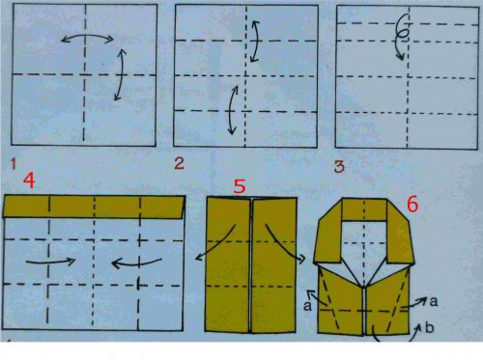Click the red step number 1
(x=14, y=164)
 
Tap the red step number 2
(x=180, y=163)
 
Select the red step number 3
(x=339, y=166)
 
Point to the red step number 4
(x=29, y=180)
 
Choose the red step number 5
(x=240, y=186)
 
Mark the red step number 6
(x=412, y=205)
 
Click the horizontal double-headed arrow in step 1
(x=87, y=37)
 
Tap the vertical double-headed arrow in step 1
(x=122, y=74)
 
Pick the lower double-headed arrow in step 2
(x=231, y=110)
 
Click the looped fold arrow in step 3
(x=399, y=37)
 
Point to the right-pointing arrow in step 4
(x=50, y=262)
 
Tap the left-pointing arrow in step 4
(x=136, y=263)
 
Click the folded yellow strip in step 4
(x=94, y=207)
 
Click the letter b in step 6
(x=429, y=327)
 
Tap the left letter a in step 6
(x=307, y=306)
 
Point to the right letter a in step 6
(x=434, y=301)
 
